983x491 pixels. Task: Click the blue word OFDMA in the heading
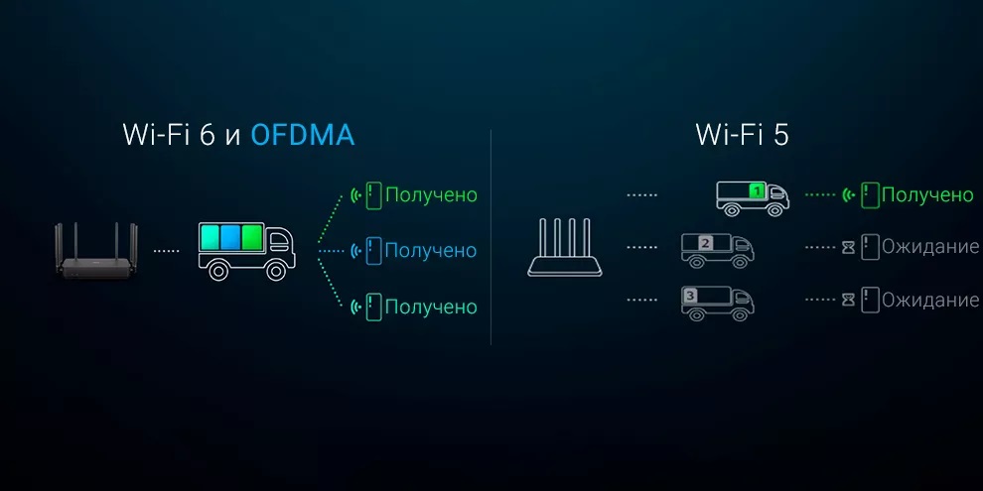302,135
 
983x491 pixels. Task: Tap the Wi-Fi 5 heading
742,135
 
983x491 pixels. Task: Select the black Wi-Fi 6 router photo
96,250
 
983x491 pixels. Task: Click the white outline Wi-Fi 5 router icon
565,247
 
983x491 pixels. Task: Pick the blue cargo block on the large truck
230,238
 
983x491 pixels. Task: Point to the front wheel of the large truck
276,271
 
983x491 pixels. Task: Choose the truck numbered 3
717,303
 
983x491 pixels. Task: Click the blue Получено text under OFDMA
431,251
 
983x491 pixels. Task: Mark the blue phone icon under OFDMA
374,251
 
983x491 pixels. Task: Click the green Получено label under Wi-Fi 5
927,195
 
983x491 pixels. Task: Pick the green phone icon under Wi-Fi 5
870,195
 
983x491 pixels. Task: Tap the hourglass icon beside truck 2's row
848,248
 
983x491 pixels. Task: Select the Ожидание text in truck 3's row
930,300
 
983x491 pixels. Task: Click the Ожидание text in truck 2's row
930,247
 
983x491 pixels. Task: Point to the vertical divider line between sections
491,237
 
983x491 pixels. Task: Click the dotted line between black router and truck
166,251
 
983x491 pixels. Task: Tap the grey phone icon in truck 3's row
870,300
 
